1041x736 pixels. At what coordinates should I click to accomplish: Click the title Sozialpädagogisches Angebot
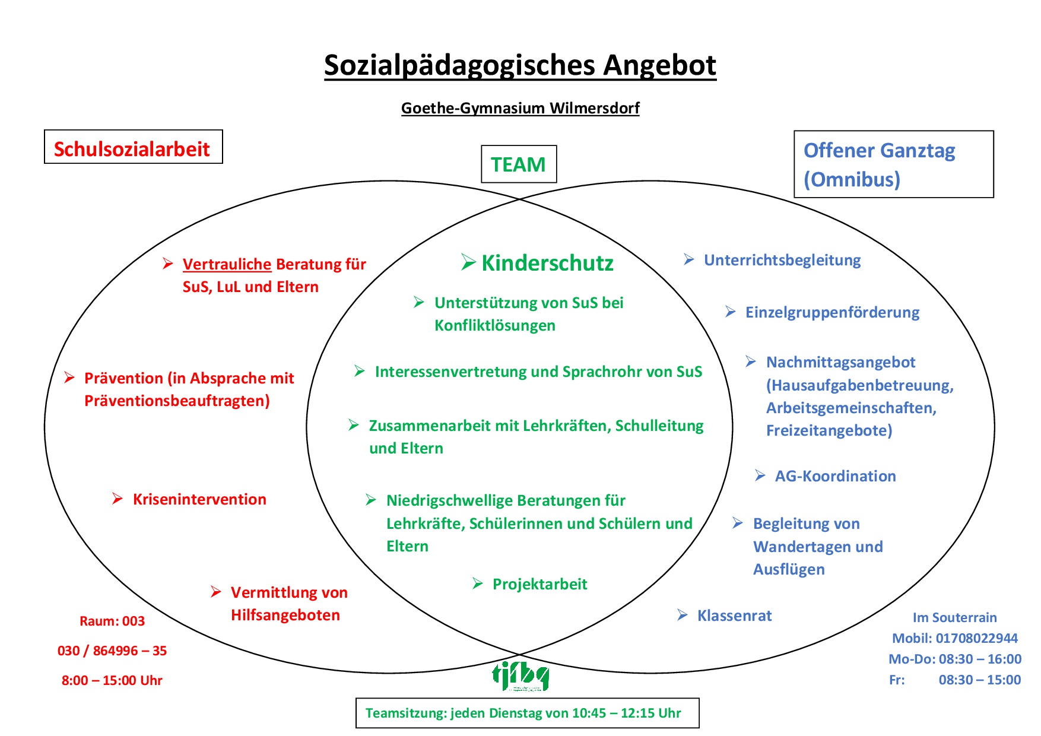[520, 65]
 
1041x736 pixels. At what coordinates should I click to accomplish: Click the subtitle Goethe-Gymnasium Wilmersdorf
[520, 108]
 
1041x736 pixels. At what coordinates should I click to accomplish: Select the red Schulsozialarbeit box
[133, 147]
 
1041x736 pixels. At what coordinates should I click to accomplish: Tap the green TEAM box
[518, 164]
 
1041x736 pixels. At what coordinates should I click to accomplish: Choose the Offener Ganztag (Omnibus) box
[893, 164]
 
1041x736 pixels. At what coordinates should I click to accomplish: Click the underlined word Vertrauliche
[227, 264]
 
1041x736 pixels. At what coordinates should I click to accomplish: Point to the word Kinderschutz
[547, 263]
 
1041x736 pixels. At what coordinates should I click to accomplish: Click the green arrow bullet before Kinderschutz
[468, 262]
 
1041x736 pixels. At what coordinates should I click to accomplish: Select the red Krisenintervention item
[199, 499]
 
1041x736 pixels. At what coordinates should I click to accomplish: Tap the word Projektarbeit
[539, 584]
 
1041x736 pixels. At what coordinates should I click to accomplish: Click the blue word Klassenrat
[734, 616]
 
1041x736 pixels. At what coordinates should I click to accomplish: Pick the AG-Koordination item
[835, 476]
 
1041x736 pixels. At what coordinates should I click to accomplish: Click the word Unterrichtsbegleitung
[782, 260]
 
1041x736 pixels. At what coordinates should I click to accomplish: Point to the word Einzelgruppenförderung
[832, 312]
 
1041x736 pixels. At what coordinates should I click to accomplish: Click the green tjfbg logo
[520, 675]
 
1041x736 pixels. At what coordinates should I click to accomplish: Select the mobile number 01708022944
[976, 638]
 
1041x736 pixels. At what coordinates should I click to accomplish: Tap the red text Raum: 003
[112, 621]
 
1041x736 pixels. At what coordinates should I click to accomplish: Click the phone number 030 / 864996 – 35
[112, 651]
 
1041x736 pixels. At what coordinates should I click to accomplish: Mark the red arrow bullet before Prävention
[69, 377]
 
